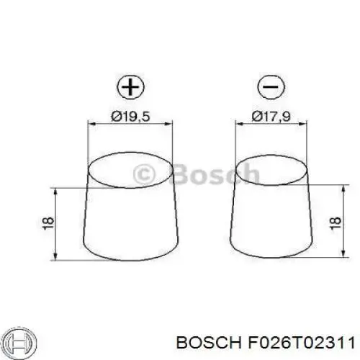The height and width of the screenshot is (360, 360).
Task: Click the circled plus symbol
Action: (x=131, y=86)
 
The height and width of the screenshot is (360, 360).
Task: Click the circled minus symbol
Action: (x=271, y=86)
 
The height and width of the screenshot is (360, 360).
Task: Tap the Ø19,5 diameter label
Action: (x=130, y=117)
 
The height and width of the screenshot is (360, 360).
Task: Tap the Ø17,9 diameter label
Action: (x=271, y=117)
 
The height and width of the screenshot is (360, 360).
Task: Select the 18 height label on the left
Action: (x=49, y=224)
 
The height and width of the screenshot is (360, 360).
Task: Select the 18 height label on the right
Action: (x=336, y=224)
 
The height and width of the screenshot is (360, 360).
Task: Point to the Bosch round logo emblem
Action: (x=21, y=342)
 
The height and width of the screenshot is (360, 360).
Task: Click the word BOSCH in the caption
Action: (x=209, y=343)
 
